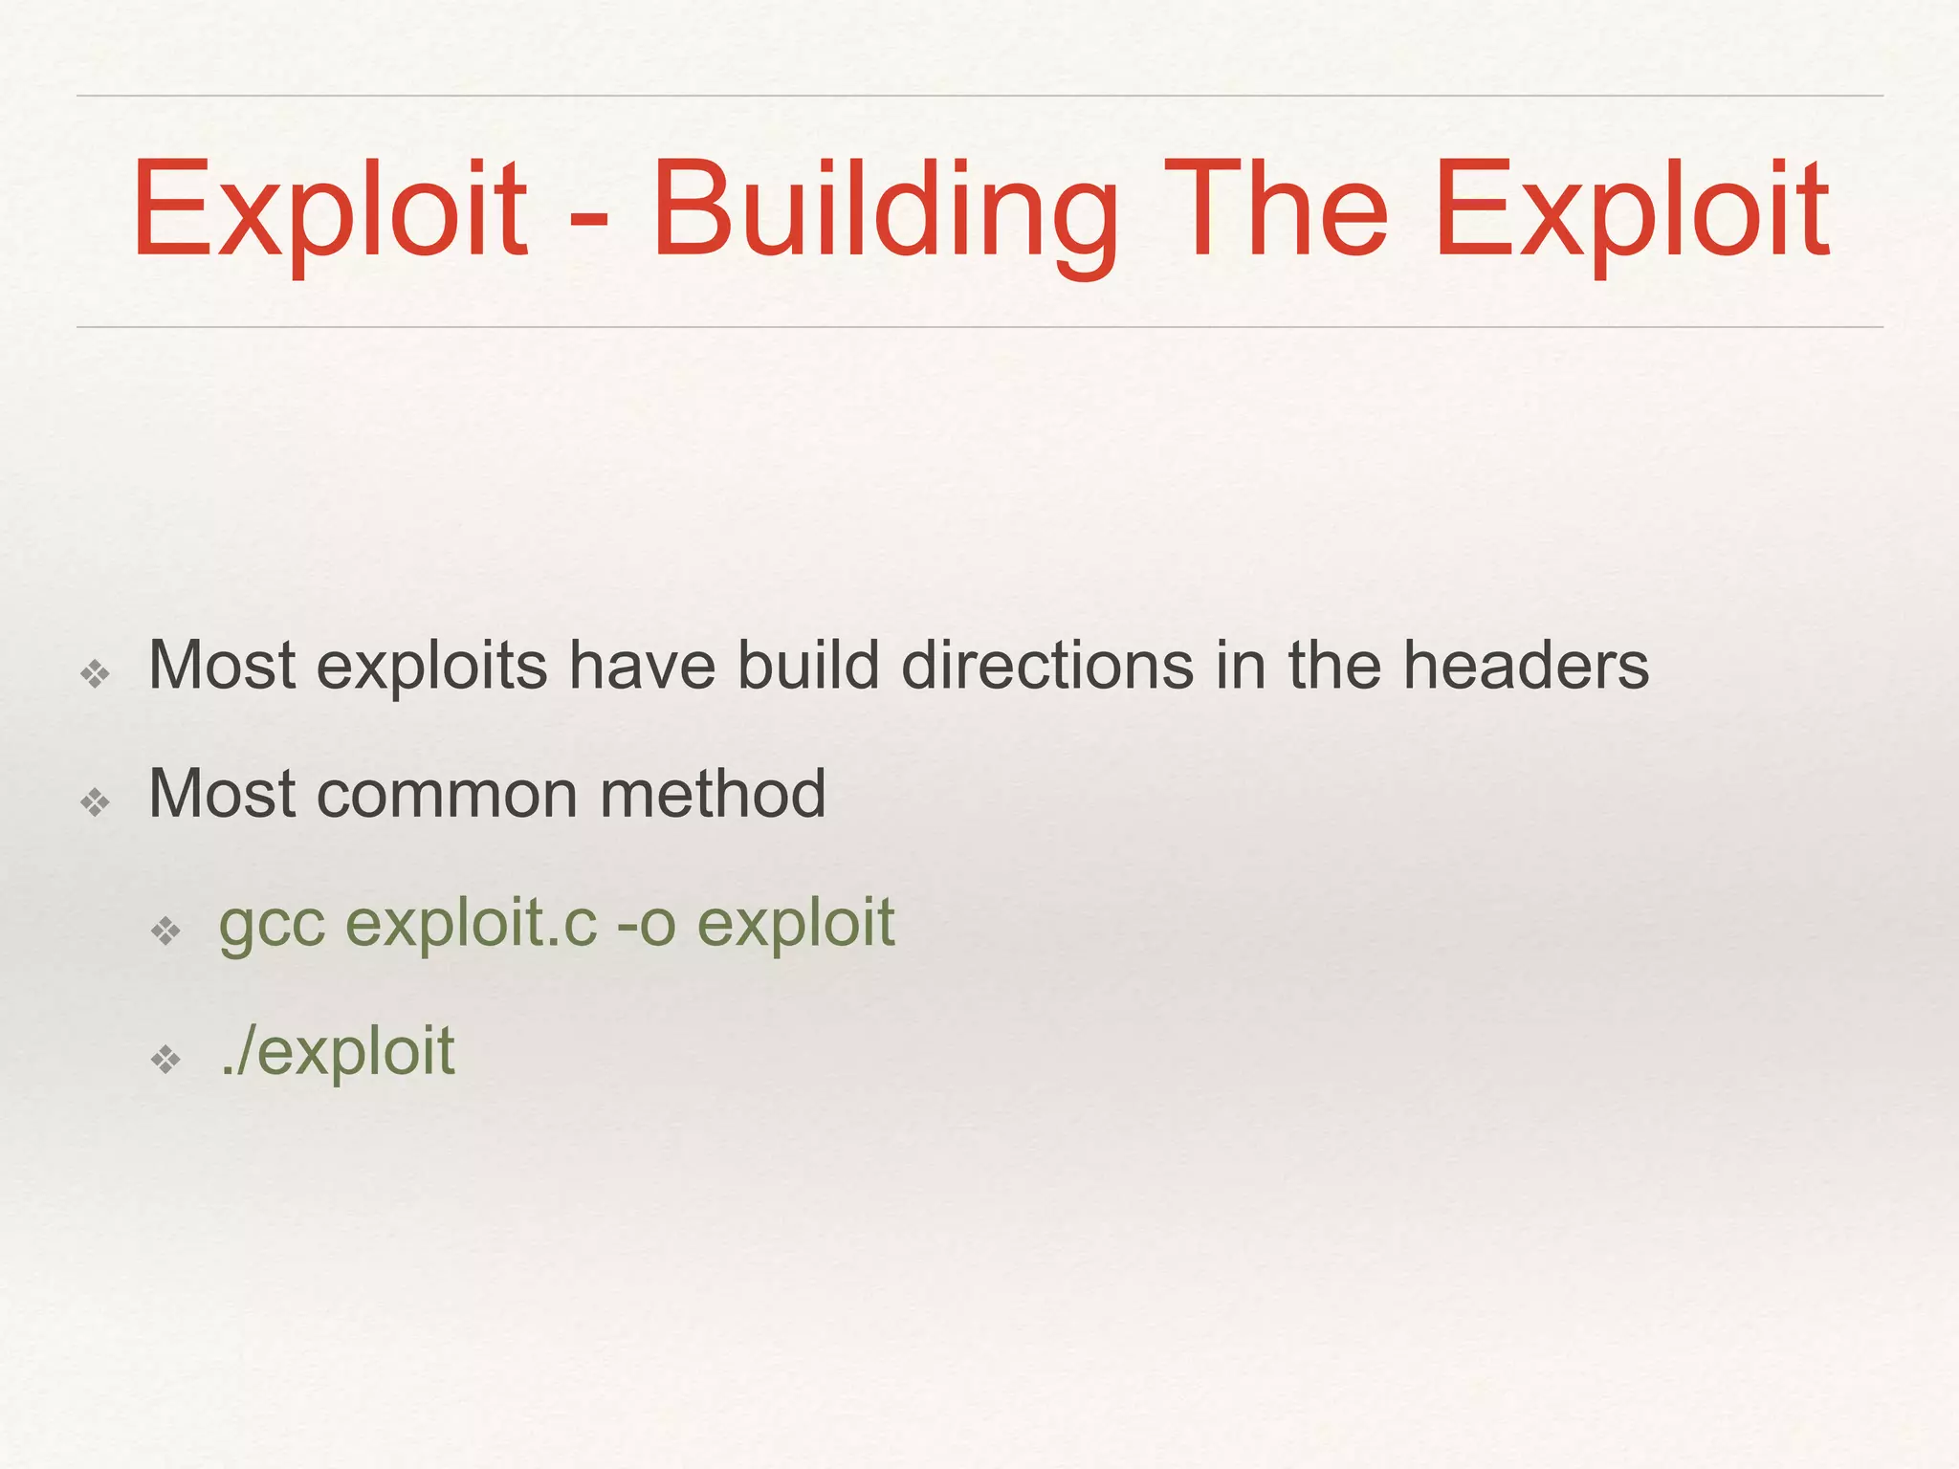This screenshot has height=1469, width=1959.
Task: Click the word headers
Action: (1526, 666)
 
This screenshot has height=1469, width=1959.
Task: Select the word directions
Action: (1047, 666)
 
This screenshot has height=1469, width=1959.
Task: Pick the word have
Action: (642, 666)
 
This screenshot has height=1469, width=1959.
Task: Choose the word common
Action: (447, 796)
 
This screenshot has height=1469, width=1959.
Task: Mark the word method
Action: (713, 794)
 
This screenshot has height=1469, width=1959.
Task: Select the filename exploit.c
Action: (471, 924)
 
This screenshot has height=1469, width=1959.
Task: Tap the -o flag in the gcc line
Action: (647, 926)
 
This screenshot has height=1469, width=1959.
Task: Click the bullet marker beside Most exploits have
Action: (96, 675)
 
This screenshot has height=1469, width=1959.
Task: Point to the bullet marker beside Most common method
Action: (96, 802)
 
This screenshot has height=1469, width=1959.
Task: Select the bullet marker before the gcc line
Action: (165, 931)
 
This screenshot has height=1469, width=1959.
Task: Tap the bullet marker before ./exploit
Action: (165, 1059)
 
